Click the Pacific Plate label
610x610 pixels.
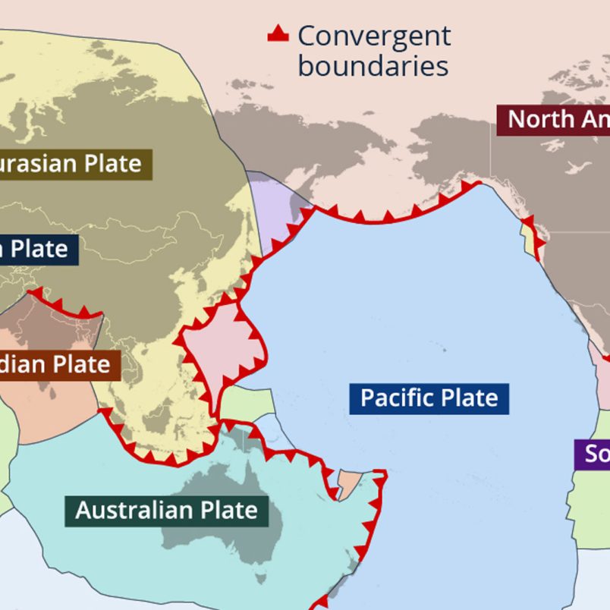[429, 398]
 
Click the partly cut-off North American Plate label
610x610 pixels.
[553, 119]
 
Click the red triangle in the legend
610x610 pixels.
[278, 34]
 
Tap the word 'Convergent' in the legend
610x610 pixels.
[374, 36]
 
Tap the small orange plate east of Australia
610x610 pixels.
[350, 483]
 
